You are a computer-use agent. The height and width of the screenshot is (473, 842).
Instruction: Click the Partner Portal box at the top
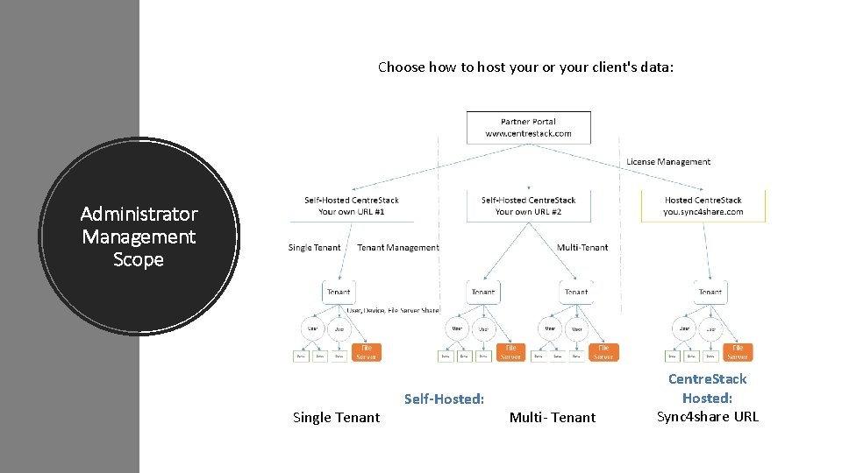click(x=528, y=128)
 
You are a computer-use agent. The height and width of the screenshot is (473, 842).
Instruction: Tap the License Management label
click(x=667, y=161)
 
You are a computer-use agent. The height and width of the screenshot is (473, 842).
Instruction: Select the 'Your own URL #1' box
click(x=351, y=206)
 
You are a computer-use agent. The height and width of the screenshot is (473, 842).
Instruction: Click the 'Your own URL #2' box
click(x=528, y=206)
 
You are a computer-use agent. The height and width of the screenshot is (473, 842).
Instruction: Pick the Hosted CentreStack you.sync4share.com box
click(x=703, y=206)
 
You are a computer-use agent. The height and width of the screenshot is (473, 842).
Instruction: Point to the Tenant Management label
click(x=397, y=248)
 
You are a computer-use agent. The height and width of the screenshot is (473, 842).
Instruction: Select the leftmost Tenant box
click(x=339, y=292)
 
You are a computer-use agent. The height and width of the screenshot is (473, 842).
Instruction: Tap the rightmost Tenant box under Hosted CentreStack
click(x=710, y=292)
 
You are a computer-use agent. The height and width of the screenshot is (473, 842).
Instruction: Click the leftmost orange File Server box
click(x=367, y=351)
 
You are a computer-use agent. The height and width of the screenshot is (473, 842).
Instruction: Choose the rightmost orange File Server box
click(x=738, y=351)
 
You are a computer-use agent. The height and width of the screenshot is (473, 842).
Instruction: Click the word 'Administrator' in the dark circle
click(x=139, y=214)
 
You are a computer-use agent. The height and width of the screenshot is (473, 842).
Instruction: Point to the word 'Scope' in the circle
click(x=139, y=260)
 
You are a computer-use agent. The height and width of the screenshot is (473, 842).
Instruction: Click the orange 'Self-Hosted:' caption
click(x=444, y=399)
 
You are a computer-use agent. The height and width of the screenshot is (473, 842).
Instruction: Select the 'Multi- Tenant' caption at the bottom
click(x=552, y=418)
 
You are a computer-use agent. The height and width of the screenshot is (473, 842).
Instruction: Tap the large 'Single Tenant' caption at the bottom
click(x=336, y=418)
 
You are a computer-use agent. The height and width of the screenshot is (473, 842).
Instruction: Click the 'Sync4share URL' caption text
click(x=707, y=416)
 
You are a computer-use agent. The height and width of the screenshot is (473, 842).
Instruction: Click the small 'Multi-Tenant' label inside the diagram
click(x=582, y=248)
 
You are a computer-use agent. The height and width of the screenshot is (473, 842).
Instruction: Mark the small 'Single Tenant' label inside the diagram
click(x=314, y=248)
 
